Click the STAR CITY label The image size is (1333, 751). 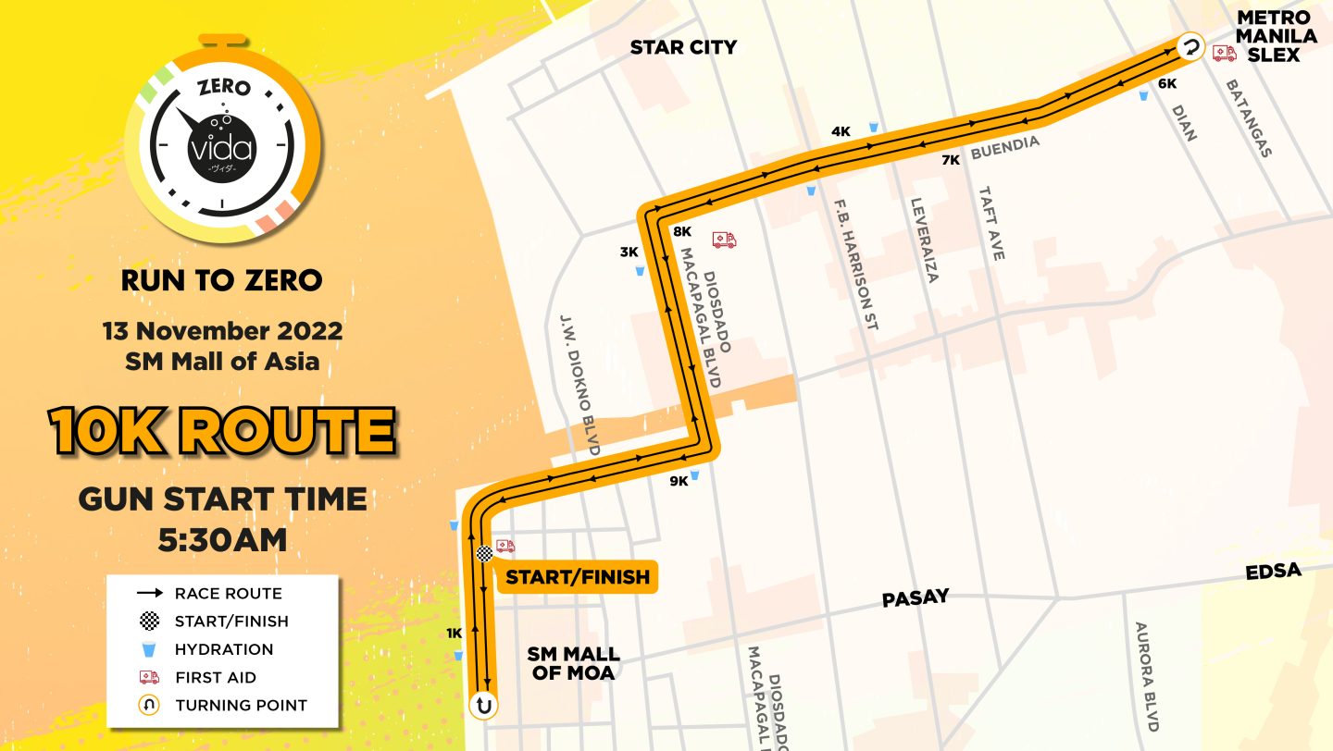[x=683, y=47]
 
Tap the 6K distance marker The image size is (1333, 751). [x=1167, y=83]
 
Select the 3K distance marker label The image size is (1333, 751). [x=629, y=252]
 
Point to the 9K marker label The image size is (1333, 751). [x=679, y=480]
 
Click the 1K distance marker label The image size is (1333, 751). [x=454, y=634]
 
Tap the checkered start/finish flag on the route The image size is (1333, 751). [x=484, y=553]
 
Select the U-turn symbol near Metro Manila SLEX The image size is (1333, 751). [x=1190, y=46]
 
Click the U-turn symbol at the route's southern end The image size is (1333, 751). [x=483, y=706]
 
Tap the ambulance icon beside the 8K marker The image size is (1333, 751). [x=724, y=240]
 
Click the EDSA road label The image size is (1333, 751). [x=1273, y=571]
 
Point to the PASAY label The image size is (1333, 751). [x=916, y=597]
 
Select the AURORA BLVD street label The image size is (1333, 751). [x=1145, y=675]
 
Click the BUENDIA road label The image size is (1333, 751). [x=1005, y=146]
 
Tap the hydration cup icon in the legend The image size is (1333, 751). [x=148, y=649]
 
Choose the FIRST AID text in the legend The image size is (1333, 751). [x=216, y=677]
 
